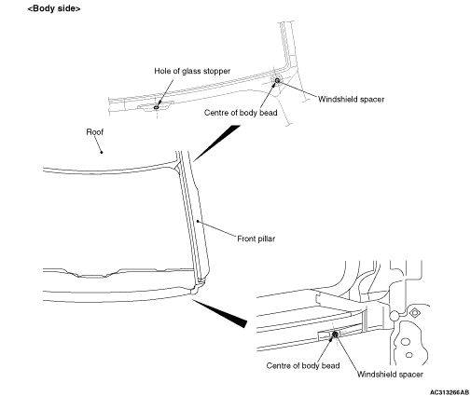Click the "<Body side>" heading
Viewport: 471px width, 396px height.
(54, 8)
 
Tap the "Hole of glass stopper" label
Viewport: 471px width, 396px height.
(192, 71)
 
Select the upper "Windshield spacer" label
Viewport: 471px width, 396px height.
(351, 100)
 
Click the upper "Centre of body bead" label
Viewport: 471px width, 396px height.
(241, 113)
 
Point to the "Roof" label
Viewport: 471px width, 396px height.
(95, 132)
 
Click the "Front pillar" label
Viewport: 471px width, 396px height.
(256, 239)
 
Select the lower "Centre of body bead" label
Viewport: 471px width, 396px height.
(303, 365)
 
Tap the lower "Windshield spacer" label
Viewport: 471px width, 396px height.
(390, 375)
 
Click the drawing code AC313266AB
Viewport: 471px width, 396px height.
(450, 392)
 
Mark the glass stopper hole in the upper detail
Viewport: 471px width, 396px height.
(156, 107)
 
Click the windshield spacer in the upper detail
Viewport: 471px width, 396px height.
(277, 80)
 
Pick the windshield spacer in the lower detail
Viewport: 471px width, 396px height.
(335, 335)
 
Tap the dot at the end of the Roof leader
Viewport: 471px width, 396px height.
(102, 152)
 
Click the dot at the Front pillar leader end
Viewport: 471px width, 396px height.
(198, 221)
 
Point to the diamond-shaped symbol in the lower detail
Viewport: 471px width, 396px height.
(414, 313)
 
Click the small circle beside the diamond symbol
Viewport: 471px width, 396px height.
(395, 316)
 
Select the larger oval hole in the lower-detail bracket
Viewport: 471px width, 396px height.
(406, 342)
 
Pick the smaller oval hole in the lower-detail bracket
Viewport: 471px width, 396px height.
(409, 355)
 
